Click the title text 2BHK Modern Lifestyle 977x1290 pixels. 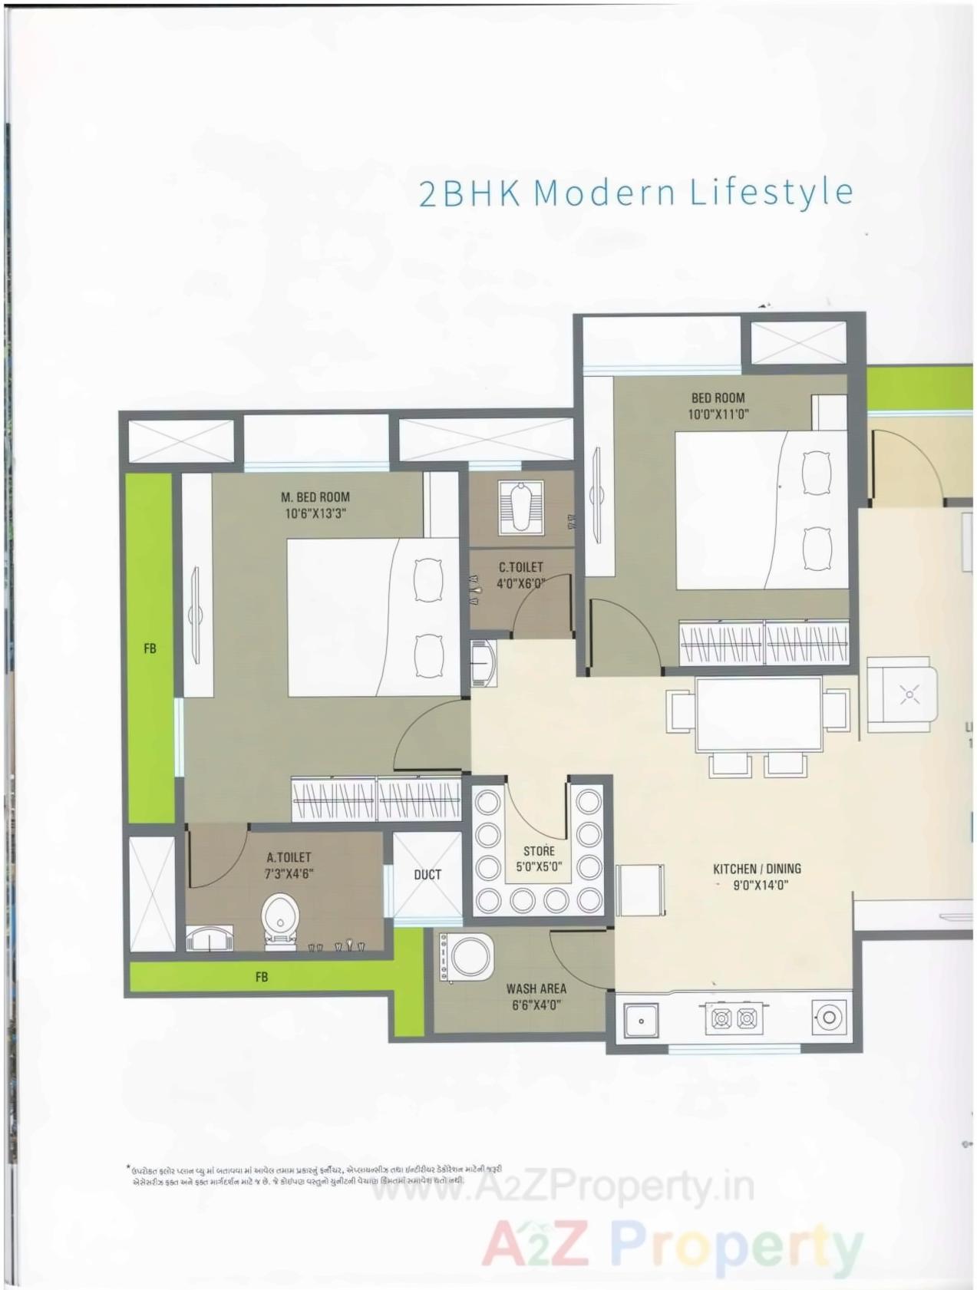635,192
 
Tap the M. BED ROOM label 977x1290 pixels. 315,497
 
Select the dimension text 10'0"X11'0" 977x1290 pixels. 718,414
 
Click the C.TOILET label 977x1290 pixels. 520,567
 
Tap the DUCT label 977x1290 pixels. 427,875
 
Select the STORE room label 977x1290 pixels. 539,851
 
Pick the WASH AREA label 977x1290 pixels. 536,989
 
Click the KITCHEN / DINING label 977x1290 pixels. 757,869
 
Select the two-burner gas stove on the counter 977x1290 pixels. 734,1018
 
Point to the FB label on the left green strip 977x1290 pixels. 150,648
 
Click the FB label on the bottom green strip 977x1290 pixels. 262,977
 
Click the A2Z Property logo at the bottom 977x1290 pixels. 672,1245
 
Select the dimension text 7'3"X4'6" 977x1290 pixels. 289,874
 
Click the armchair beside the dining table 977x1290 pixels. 902,695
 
